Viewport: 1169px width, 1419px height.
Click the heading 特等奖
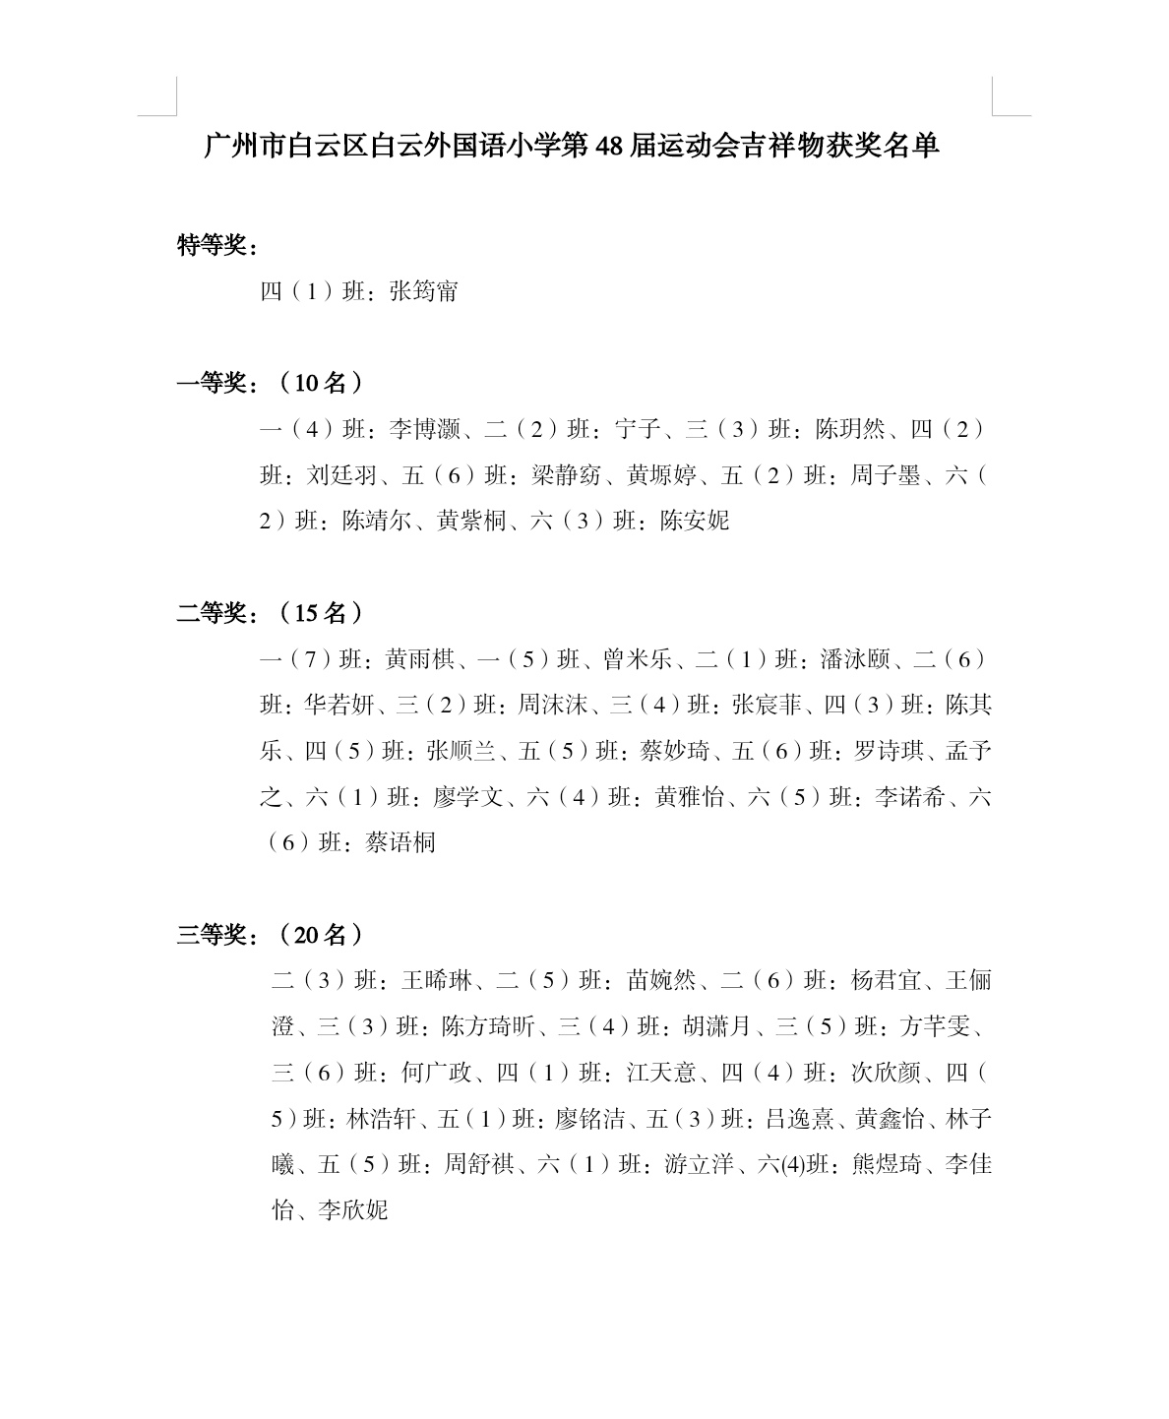point(211,245)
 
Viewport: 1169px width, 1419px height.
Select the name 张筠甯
point(424,291)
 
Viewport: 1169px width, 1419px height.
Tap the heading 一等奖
point(211,383)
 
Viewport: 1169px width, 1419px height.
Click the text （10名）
point(320,383)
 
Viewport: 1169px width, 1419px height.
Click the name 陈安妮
point(695,521)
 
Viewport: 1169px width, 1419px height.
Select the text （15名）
point(320,613)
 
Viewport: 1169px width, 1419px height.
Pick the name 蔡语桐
point(400,842)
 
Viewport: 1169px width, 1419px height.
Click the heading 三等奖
point(211,935)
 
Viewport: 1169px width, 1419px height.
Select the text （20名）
point(320,935)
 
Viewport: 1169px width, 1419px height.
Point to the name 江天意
point(661,1073)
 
